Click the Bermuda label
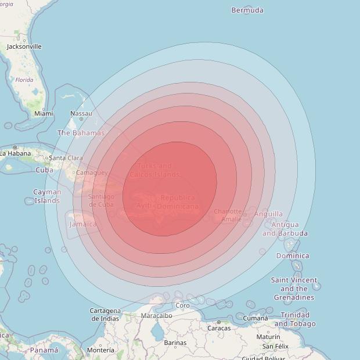(x=247, y=10)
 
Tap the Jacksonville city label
(x=24, y=46)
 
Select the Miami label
(x=43, y=114)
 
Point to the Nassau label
(x=81, y=114)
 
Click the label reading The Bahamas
(x=81, y=133)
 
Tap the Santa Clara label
(x=66, y=158)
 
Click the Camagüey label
(x=92, y=173)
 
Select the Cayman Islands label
(x=47, y=196)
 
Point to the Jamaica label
(x=83, y=224)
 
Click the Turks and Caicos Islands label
(x=154, y=170)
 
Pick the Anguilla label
(x=268, y=214)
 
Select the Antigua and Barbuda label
(x=285, y=229)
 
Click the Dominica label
(x=293, y=255)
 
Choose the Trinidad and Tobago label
(x=295, y=319)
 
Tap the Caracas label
(x=219, y=328)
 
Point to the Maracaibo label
(x=156, y=316)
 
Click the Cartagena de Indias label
(x=105, y=315)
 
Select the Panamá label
(x=44, y=350)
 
